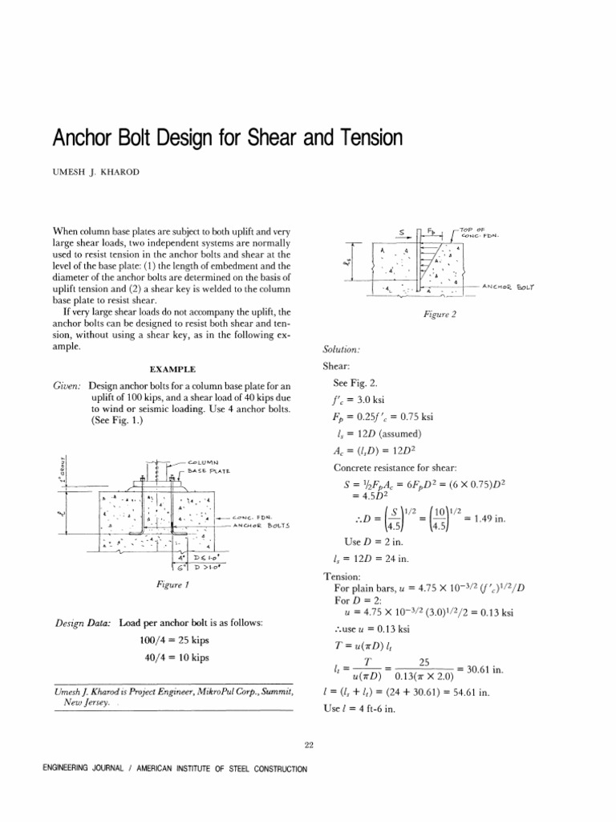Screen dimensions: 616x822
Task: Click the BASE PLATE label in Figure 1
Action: pos(210,472)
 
